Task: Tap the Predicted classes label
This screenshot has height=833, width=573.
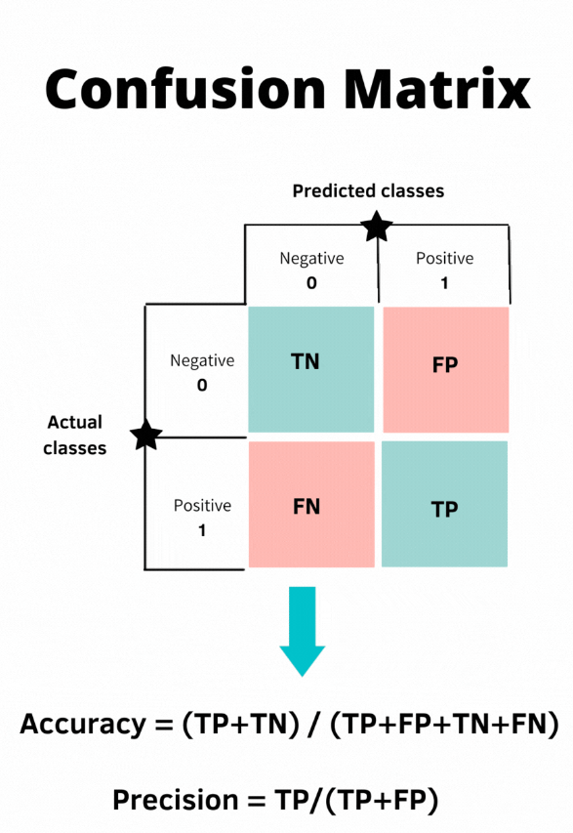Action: tap(368, 191)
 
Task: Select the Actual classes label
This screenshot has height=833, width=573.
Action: tap(74, 436)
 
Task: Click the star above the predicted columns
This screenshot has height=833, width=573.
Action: tap(376, 227)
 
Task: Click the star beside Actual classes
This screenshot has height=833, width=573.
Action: tap(145, 436)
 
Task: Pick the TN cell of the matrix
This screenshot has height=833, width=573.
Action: tap(310, 369)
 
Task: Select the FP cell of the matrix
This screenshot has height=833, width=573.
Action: tap(445, 369)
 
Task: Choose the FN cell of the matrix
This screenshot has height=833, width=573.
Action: tap(310, 504)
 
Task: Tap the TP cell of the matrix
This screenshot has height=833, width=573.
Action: tap(445, 504)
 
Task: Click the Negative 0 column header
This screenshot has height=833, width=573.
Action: tap(311, 270)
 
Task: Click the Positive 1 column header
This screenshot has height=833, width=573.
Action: tap(444, 270)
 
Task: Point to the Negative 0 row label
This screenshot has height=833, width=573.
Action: tap(202, 372)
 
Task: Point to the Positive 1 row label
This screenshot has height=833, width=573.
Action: tap(202, 517)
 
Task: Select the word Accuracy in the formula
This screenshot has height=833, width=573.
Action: tap(82, 725)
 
